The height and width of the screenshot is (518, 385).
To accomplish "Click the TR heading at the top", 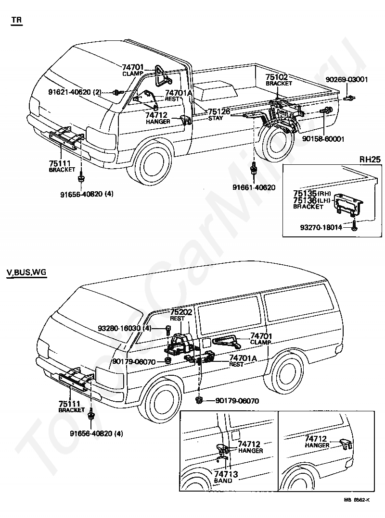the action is click(x=16, y=20).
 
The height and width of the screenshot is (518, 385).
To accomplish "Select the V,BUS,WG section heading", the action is click(x=26, y=272).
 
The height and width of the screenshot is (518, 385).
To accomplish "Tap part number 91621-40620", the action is click(x=69, y=92).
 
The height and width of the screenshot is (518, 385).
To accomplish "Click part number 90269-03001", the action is click(x=346, y=80).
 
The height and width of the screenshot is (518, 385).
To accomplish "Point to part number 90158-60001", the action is click(x=323, y=139).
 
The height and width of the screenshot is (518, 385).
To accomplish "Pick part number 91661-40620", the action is click(x=254, y=187).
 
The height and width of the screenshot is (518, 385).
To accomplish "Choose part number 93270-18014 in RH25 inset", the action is click(x=321, y=227).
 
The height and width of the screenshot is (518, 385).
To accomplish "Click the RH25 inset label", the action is click(x=370, y=159).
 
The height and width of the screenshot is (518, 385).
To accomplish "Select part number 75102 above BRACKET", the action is click(x=277, y=77).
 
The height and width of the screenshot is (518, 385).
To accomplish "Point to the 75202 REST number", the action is click(x=181, y=312).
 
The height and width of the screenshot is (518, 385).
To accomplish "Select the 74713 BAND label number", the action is click(x=226, y=474).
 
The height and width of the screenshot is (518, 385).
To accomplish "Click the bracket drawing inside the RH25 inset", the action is click(x=348, y=205).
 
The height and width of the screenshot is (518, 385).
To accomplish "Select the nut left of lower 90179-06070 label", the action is click(x=199, y=400).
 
